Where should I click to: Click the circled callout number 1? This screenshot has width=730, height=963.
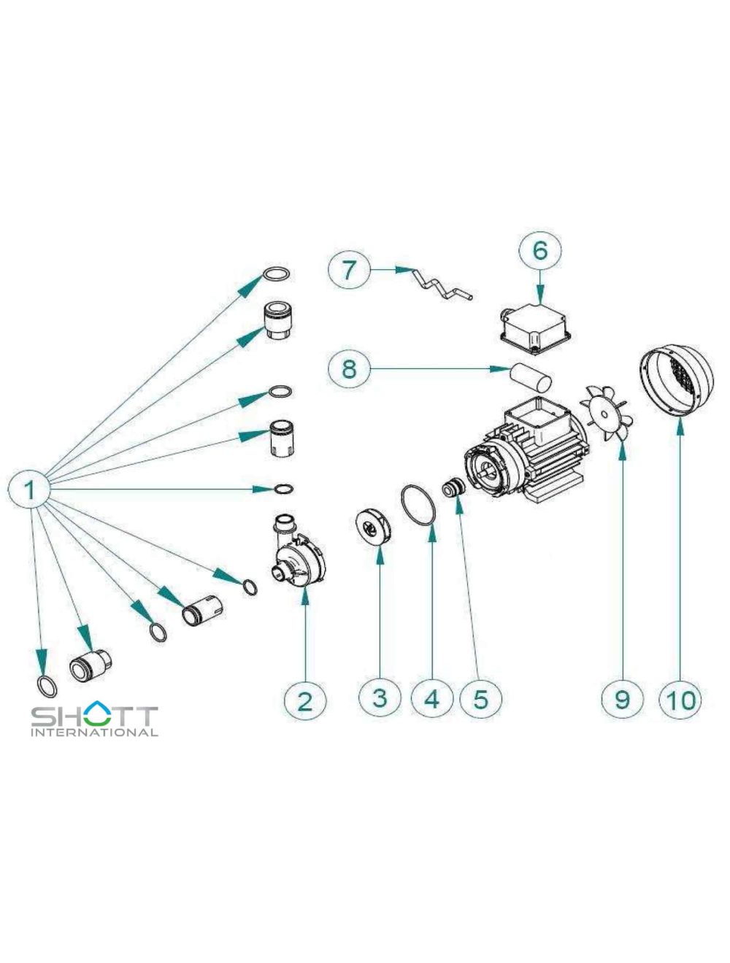coord(30,490)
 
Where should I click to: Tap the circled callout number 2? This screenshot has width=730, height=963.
coord(304,700)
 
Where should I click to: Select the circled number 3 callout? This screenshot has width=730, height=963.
coord(380,697)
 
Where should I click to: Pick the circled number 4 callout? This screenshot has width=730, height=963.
coord(432,699)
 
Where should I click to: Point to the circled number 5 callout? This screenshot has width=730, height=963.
coord(480,699)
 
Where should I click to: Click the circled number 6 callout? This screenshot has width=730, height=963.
coord(539,251)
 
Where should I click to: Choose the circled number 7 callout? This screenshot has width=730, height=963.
coord(349,269)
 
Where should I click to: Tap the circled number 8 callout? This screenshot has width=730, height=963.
coord(349,368)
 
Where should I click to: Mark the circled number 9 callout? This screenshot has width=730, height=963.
coord(621,699)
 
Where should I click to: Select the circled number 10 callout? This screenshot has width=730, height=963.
coord(681,700)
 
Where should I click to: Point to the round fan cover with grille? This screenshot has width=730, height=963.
coord(676,381)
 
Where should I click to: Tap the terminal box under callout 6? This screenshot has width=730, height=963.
coord(535,329)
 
